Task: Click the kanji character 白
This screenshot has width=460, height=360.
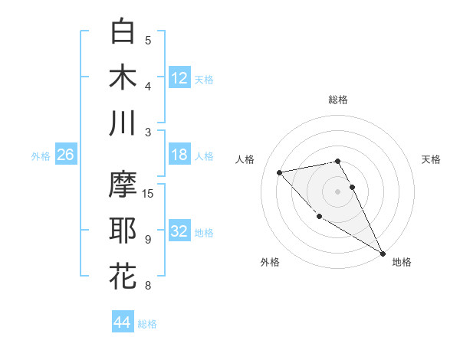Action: click(x=123, y=31)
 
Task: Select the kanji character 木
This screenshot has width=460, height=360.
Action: click(x=123, y=77)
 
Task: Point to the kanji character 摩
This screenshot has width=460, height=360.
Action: click(x=123, y=185)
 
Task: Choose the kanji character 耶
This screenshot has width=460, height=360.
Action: click(x=123, y=231)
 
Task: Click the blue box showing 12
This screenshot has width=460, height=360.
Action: click(x=179, y=77)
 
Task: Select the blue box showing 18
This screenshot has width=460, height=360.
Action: click(x=179, y=155)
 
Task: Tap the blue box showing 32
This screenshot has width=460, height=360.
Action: click(x=179, y=231)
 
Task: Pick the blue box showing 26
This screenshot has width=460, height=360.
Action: click(x=66, y=155)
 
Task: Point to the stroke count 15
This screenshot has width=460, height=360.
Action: click(x=149, y=193)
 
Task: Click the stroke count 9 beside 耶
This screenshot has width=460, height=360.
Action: click(x=147, y=240)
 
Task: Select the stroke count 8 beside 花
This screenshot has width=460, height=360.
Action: click(x=147, y=286)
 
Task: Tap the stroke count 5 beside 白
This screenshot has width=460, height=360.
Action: click(x=148, y=41)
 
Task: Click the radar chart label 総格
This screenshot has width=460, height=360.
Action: click(x=338, y=100)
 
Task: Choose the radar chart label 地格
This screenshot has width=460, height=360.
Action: click(x=402, y=262)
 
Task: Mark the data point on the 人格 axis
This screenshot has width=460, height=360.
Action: click(x=280, y=172)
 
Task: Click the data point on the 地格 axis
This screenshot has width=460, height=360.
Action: click(x=383, y=254)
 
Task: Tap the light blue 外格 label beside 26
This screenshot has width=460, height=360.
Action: click(x=41, y=155)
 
